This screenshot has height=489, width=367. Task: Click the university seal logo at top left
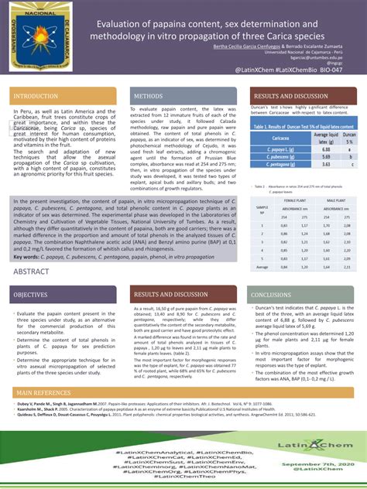[x=38, y=39]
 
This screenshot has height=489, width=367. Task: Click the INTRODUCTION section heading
[x=36, y=96]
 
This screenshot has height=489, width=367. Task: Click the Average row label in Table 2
[x=262, y=266]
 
